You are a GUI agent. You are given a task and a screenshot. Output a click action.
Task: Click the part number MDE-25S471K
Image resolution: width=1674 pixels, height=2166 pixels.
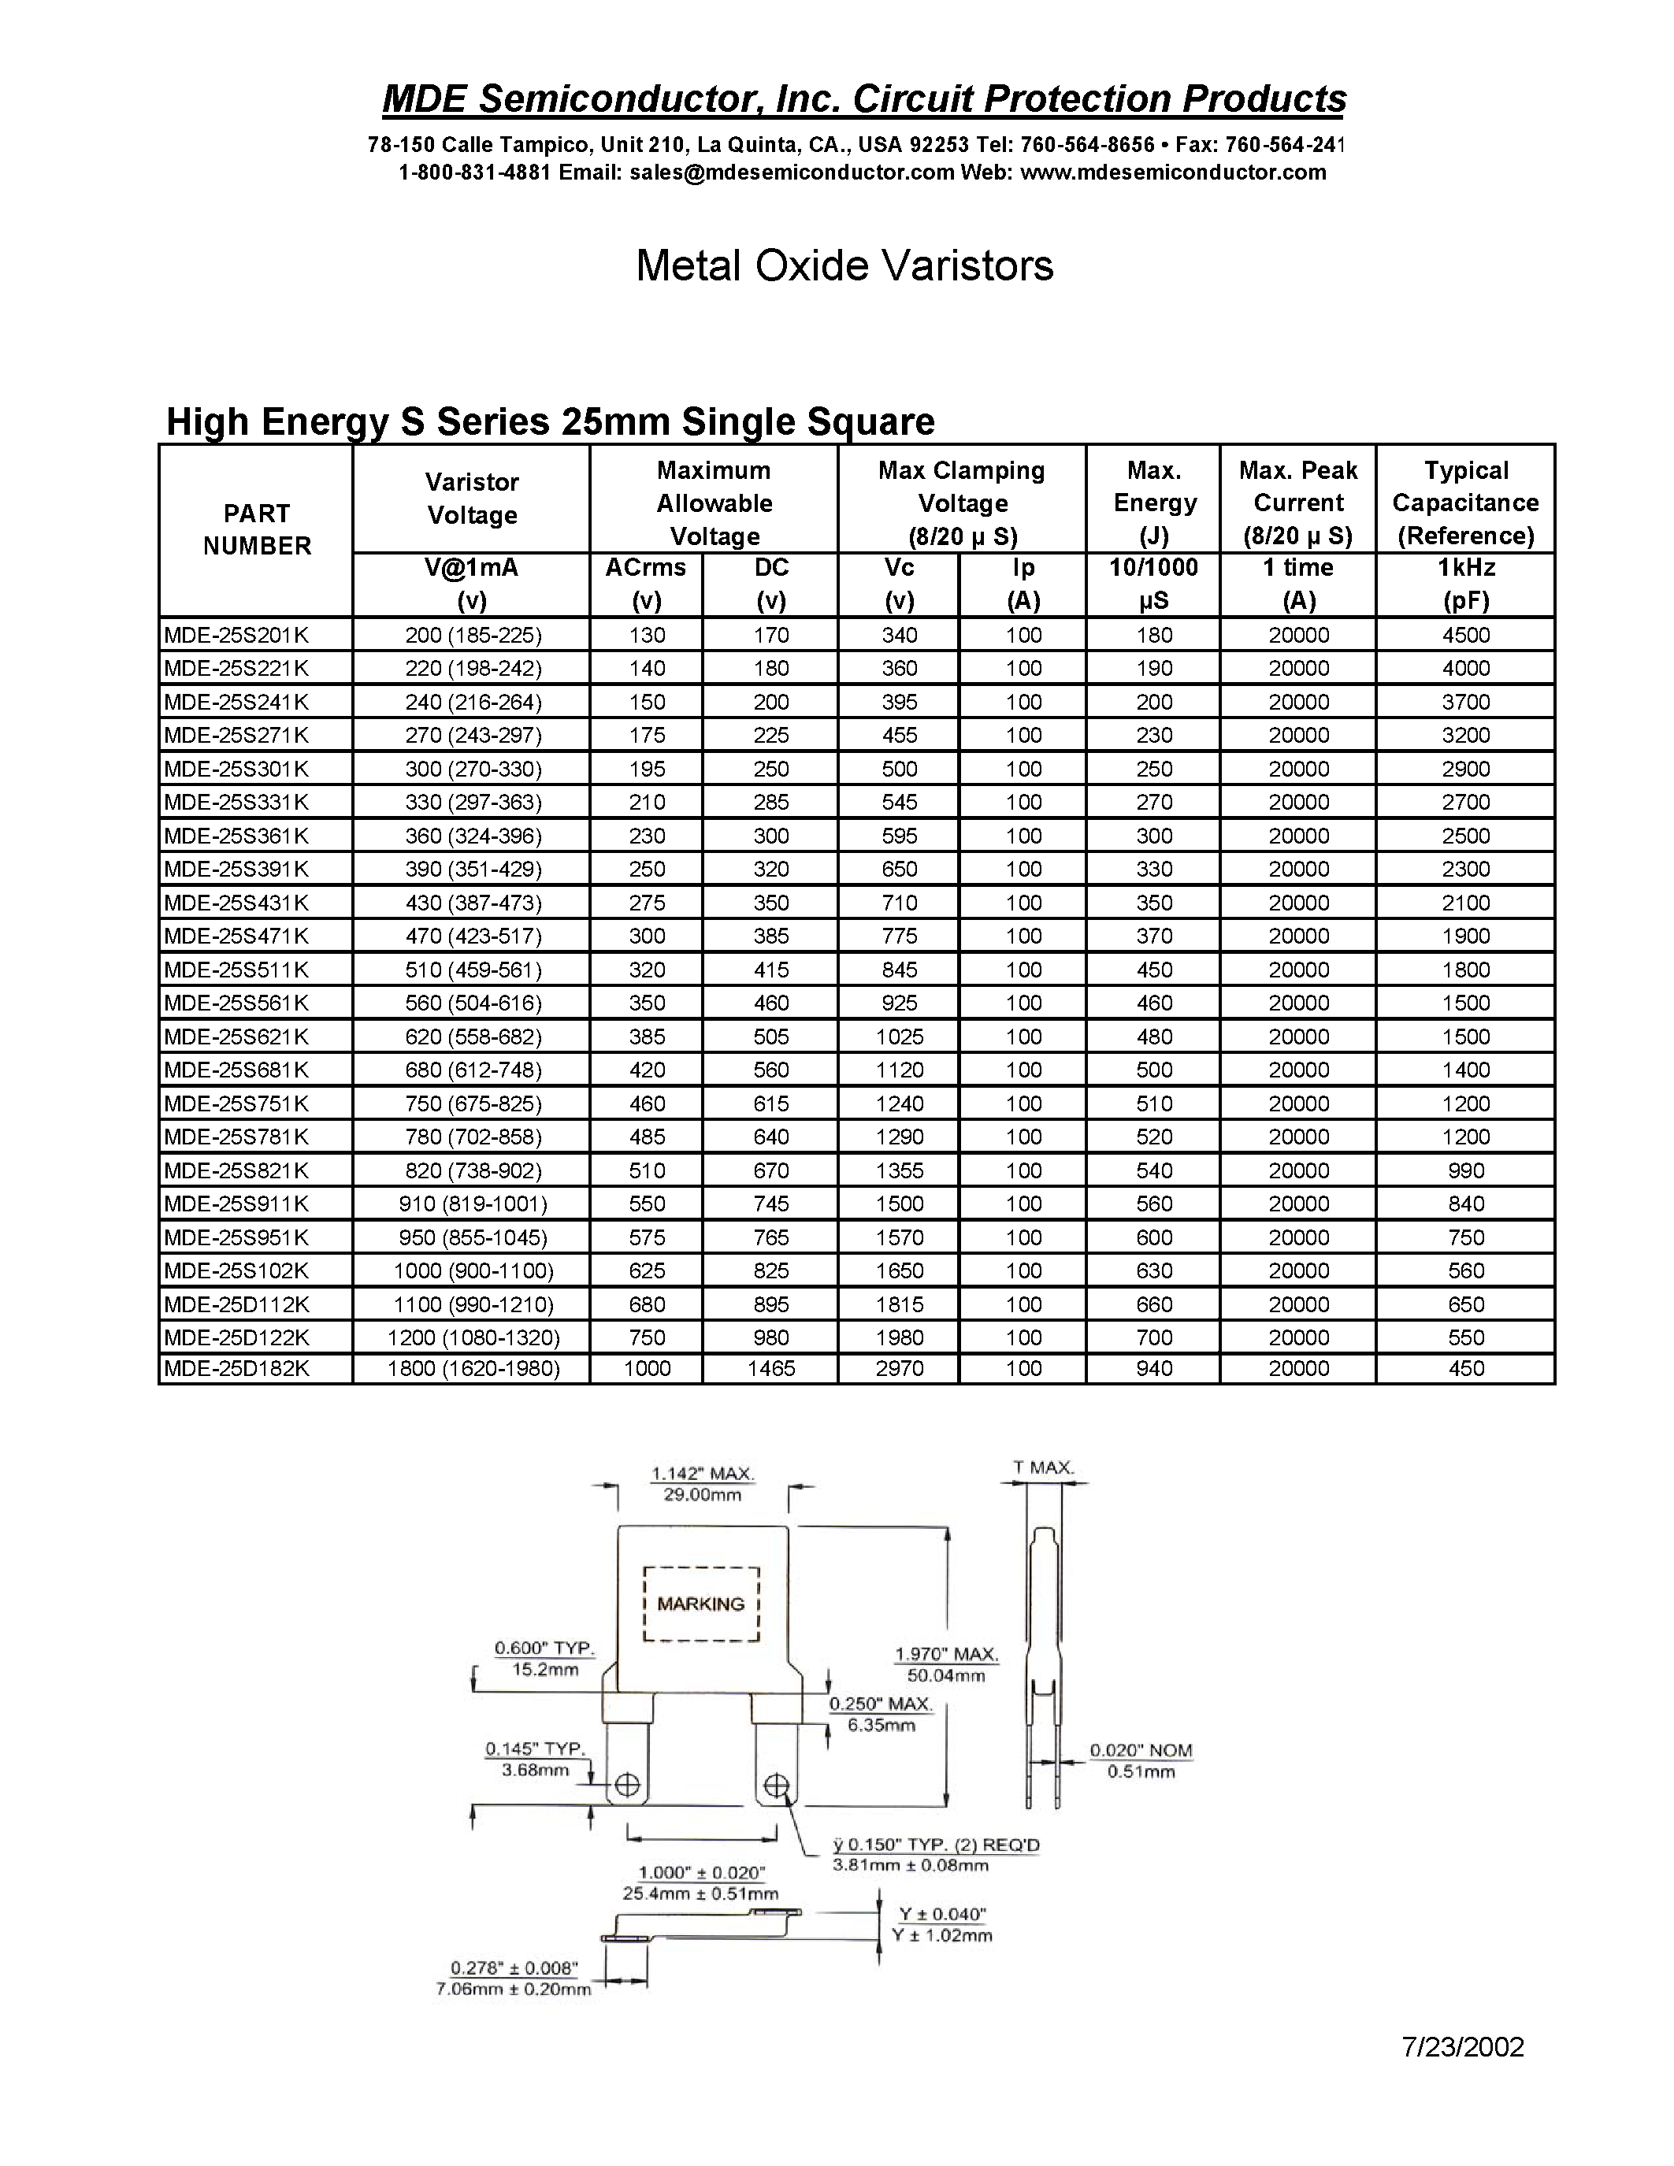click(236, 935)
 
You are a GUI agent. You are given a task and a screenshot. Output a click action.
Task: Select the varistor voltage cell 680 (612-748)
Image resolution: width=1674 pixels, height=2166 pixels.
click(472, 1069)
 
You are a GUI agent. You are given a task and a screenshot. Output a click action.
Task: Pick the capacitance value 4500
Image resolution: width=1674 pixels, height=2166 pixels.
click(1464, 635)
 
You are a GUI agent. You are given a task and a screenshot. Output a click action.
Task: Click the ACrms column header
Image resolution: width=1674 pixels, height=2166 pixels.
click(646, 568)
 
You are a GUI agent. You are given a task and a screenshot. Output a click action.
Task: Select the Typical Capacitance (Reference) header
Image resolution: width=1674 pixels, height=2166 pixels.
click(1464, 502)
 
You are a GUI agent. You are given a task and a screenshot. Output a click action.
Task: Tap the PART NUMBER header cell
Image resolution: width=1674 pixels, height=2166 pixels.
click(256, 529)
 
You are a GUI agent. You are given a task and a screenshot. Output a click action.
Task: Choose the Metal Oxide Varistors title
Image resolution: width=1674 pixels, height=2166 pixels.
click(844, 265)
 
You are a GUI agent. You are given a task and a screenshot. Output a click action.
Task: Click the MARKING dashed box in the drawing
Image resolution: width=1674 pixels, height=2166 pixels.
click(701, 1604)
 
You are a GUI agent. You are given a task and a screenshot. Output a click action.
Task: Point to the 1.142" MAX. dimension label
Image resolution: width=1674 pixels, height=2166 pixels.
click(702, 1474)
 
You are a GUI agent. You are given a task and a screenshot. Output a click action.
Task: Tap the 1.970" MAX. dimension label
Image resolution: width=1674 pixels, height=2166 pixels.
click(946, 1653)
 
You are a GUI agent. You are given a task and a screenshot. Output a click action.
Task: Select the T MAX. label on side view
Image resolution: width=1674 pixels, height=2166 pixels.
click(1043, 1467)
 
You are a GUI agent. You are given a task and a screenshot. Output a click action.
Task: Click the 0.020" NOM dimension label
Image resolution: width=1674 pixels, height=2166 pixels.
click(1141, 1750)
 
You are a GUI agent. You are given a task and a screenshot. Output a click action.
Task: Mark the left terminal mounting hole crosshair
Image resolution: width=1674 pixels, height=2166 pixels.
click(628, 1785)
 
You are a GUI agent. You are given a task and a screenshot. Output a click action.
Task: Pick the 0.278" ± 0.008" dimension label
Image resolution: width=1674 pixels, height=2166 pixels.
click(513, 1967)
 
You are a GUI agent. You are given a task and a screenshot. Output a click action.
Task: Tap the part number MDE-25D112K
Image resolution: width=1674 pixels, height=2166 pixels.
click(236, 1304)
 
